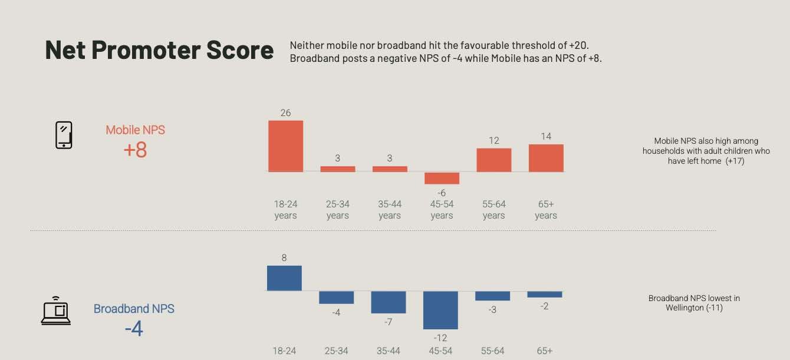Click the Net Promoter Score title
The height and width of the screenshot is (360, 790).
(x=159, y=50)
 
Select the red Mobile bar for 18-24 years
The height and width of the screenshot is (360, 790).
(x=286, y=146)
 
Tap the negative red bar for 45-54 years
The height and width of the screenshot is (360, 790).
(x=442, y=178)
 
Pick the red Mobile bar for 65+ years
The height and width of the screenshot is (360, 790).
(x=546, y=158)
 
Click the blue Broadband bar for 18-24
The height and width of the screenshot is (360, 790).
(x=284, y=278)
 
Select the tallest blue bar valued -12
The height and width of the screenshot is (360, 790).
(x=440, y=310)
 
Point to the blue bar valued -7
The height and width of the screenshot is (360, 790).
(x=389, y=302)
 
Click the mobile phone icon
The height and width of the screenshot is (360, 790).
(x=64, y=135)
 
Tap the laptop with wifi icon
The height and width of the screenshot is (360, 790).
(x=56, y=311)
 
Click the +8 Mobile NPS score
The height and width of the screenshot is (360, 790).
(x=135, y=150)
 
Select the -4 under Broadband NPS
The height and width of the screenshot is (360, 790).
(x=134, y=328)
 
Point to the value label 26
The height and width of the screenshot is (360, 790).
(x=285, y=113)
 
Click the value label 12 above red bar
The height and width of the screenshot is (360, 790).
(x=493, y=140)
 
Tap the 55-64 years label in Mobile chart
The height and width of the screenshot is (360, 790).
(x=493, y=210)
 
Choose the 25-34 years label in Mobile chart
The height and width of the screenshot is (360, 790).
(x=337, y=210)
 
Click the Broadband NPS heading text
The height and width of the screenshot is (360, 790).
(x=134, y=309)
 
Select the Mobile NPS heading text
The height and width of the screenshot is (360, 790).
(x=135, y=130)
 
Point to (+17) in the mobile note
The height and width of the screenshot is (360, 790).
(x=735, y=161)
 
